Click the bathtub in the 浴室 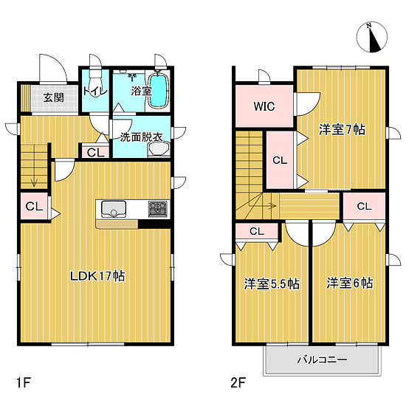[158, 91]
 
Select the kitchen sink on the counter [114, 209]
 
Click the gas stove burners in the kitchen [157, 209]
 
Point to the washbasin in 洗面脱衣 [159, 150]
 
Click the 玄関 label [53, 97]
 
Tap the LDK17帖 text [98, 276]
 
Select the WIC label [264, 106]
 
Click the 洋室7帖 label [342, 130]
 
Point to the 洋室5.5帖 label [272, 283]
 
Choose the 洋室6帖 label [350, 283]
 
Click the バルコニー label [322, 359]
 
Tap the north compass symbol [372, 37]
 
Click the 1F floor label [24, 382]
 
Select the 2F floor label [238, 382]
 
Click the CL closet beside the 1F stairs [34, 206]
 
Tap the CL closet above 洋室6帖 [365, 207]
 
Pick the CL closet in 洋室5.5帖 [257, 231]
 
